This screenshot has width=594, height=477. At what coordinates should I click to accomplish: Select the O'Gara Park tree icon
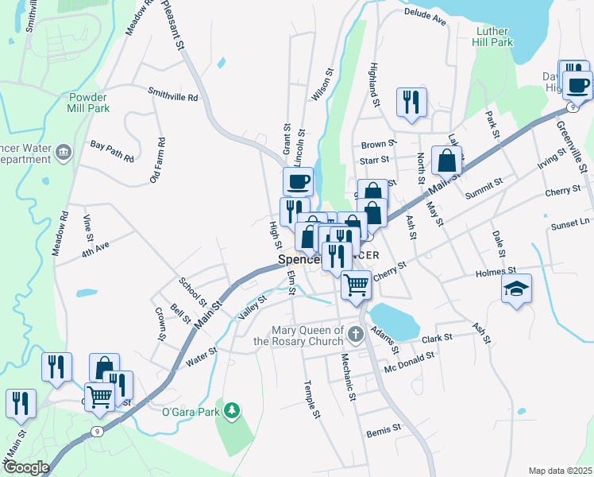point(232,410)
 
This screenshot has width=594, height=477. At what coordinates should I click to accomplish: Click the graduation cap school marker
point(516,289)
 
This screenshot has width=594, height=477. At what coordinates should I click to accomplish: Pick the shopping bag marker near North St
point(447,160)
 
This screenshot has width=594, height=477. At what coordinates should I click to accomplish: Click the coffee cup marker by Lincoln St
point(298,181)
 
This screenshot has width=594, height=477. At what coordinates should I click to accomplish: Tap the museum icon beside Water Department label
point(64,152)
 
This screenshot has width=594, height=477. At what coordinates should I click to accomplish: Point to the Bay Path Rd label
point(112,151)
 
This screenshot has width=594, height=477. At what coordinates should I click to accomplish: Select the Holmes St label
point(496,272)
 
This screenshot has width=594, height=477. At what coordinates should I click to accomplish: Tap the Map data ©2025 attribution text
point(560,471)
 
